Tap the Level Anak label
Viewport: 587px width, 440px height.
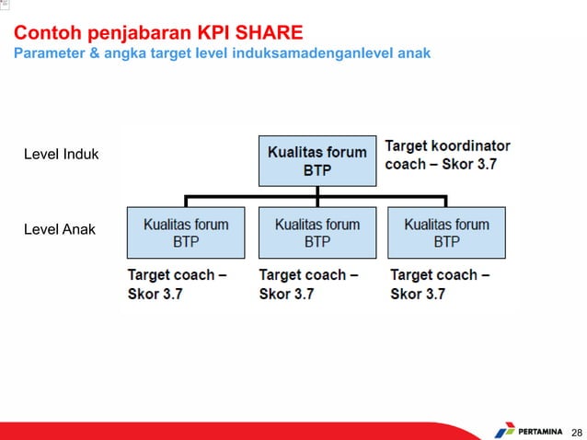60,228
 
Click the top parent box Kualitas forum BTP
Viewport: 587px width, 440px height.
317,161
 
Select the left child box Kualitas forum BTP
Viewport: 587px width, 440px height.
186,233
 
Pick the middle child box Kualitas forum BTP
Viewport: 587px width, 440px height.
317,233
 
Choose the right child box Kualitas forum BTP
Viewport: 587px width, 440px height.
446,233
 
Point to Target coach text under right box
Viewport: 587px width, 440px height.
440,284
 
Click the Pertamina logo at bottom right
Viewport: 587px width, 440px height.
525,430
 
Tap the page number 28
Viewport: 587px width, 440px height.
577,431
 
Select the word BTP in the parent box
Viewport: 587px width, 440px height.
317,171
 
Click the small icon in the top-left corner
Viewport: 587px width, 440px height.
6,6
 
